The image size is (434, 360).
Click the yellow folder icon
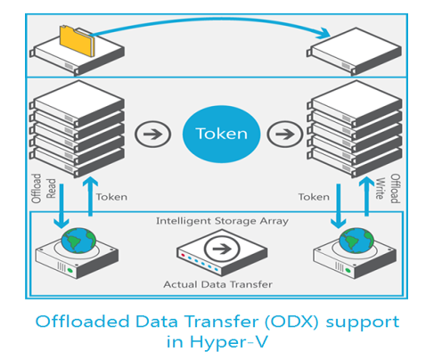click(78, 41)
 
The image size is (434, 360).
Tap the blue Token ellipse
click(221, 134)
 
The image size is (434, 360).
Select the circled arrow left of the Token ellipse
click(152, 134)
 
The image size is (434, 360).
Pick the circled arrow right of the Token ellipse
click(285, 134)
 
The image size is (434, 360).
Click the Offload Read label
click(44, 188)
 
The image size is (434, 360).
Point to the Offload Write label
click(388, 188)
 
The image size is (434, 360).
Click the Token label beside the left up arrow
click(111, 197)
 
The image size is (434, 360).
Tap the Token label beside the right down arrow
click(314, 197)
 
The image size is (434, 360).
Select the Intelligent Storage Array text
click(222, 221)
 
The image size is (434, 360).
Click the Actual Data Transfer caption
click(217, 284)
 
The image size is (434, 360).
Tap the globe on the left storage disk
click(78, 241)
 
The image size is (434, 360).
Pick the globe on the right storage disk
click(356, 241)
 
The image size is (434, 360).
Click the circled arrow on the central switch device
click(222, 249)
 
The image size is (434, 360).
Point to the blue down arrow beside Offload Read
click(61, 206)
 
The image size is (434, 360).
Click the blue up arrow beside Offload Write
click(366, 196)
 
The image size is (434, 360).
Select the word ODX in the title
click(291, 322)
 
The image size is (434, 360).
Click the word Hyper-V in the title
click(228, 342)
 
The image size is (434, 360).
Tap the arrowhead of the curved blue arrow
click(324, 33)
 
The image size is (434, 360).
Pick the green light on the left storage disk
click(70, 270)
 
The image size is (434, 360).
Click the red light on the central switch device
click(183, 255)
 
